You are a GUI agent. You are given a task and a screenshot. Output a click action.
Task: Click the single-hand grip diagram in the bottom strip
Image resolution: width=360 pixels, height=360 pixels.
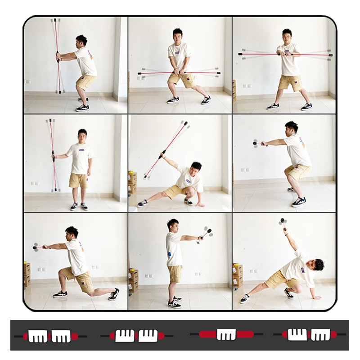[226, 334]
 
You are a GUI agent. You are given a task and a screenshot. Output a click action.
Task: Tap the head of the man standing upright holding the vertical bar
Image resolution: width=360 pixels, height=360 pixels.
[82, 134]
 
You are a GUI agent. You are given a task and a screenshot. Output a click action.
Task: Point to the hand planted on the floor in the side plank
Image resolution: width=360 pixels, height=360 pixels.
[315, 297]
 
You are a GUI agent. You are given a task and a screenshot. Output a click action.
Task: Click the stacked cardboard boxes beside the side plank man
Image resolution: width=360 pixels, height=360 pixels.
[238, 275]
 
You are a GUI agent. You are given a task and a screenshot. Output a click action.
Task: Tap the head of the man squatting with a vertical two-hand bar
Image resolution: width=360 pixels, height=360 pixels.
[81, 40]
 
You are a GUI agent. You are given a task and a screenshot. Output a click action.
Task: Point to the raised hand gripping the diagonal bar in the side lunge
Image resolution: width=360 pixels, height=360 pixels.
[162, 155]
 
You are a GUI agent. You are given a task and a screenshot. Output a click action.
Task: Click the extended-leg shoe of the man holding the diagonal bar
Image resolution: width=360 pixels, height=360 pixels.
[142, 203]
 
